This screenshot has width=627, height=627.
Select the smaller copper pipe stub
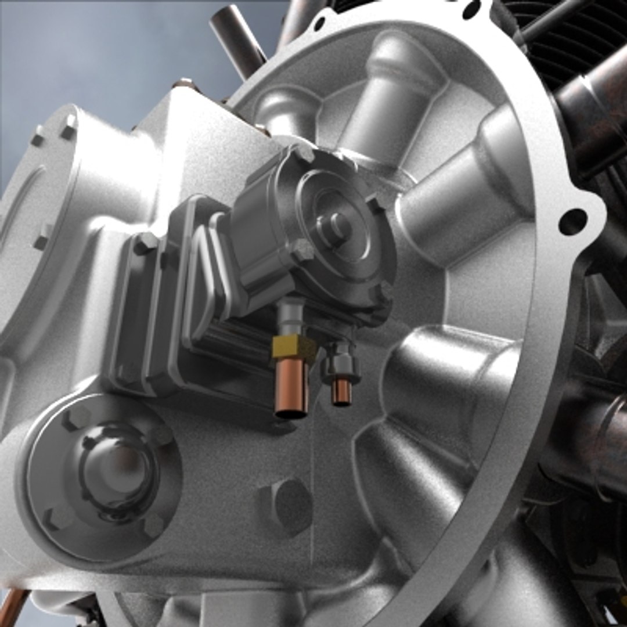coord(341,392)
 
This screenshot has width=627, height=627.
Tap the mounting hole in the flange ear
coord(572,221)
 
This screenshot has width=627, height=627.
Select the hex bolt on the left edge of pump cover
coord(302,250)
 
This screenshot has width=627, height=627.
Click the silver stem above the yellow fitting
coord(289,316)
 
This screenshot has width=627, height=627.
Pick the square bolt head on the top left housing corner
coord(69,127)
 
